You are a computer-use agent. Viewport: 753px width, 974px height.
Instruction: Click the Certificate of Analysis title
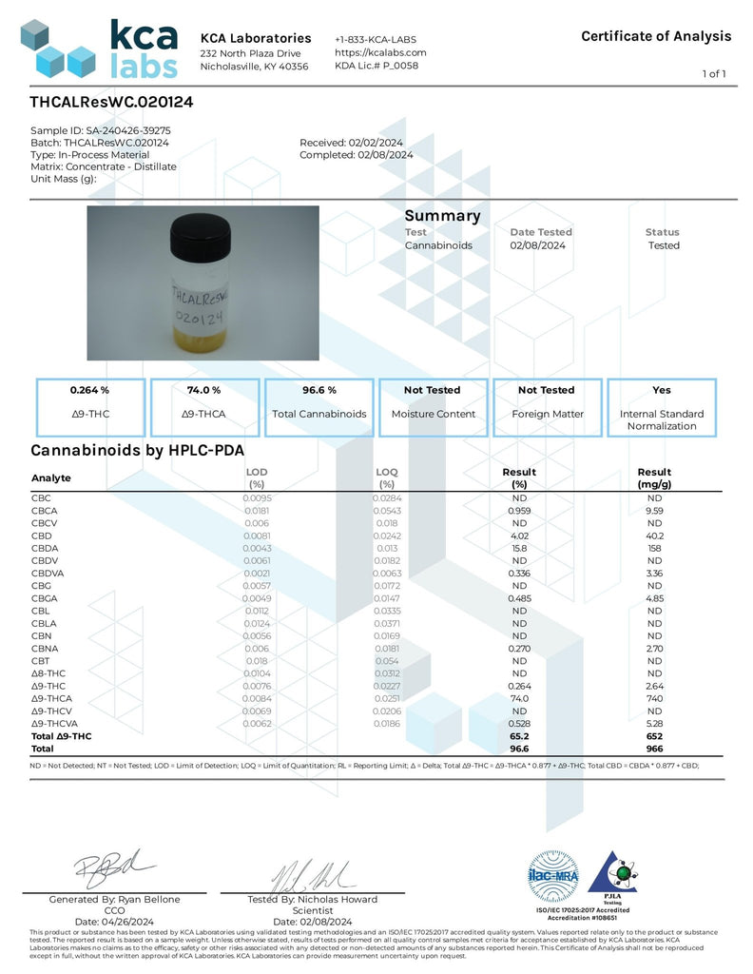coord(656,36)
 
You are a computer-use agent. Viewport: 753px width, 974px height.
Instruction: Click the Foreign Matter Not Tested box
coord(547,406)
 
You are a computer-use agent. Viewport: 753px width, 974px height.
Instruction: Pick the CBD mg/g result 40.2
coord(654,536)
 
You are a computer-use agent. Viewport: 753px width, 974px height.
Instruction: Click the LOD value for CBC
coord(257,498)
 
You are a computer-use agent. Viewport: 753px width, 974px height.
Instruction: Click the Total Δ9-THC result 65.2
coord(519,736)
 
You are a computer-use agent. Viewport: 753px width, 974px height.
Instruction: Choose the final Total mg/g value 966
coord(654,750)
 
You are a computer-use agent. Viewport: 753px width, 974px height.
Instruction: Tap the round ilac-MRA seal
coord(552,876)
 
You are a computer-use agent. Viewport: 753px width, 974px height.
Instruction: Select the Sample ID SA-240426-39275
coord(101,130)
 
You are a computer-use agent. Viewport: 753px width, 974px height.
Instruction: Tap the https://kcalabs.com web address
coord(380,52)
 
